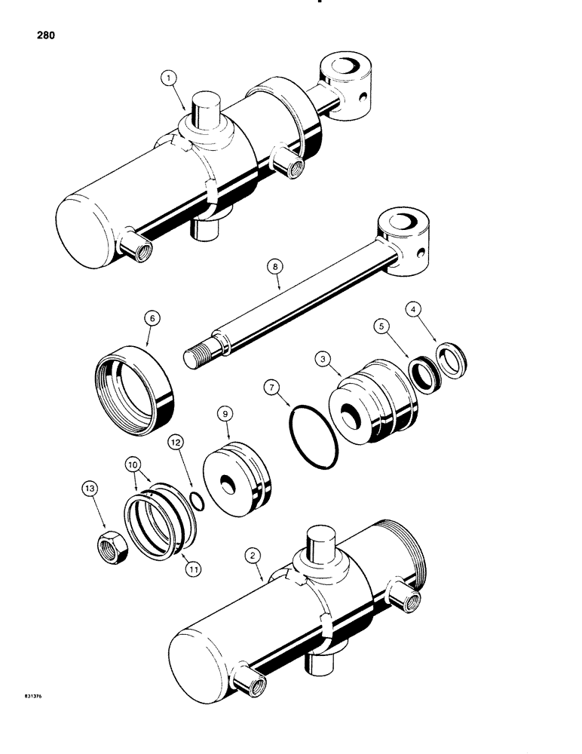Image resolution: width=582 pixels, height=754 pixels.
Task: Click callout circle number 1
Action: (169, 78)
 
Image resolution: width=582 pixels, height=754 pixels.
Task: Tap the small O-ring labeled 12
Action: (196, 501)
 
